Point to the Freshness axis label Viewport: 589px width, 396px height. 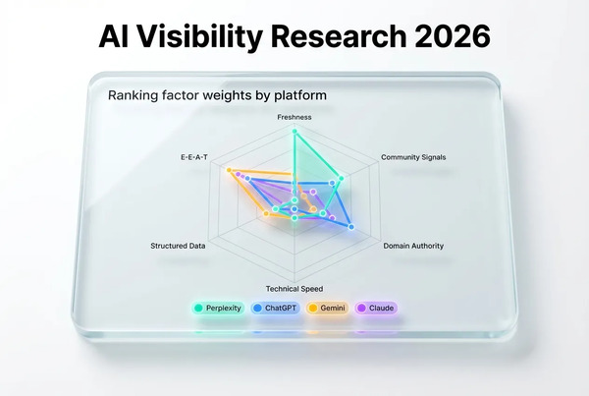[x=294, y=117]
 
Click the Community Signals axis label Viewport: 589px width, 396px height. [x=412, y=157]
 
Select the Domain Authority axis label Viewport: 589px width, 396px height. [x=413, y=245]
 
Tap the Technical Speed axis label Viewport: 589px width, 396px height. [x=294, y=288]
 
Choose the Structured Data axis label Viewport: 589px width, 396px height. [x=178, y=245]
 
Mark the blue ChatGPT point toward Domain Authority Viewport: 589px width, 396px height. [x=350, y=227]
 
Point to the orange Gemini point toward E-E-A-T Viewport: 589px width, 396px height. [x=230, y=171]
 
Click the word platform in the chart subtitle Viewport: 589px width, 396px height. [x=300, y=95]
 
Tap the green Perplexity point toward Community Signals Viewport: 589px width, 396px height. [x=341, y=178]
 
